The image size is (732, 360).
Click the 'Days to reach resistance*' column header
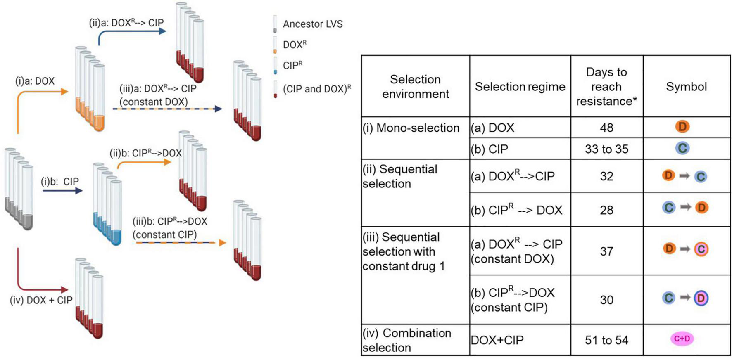[x=606, y=87]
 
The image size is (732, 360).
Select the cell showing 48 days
[x=606, y=128]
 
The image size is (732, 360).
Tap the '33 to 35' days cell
[x=606, y=149]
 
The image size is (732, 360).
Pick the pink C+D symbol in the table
[x=682, y=339]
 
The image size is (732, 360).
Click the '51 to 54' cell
[x=606, y=340]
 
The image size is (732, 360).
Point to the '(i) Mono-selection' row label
[x=411, y=128]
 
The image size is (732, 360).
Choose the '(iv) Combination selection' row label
[x=406, y=340]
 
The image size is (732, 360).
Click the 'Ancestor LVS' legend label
[x=312, y=24]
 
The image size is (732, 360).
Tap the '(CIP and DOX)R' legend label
[x=316, y=89]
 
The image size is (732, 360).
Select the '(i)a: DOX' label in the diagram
[x=35, y=81]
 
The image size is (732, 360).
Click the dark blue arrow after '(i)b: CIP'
[x=62, y=191]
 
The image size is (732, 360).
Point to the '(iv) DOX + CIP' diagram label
[x=41, y=300]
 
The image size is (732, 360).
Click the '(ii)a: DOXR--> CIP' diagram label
[x=126, y=23]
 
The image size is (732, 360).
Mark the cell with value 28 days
[x=606, y=210]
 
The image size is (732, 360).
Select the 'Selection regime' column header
[x=520, y=87]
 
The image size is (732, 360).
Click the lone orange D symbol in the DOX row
[x=682, y=127]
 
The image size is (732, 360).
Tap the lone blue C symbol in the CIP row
[x=682, y=148]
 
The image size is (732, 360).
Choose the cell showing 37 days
[x=606, y=251]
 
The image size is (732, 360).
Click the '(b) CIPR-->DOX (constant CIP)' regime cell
[x=512, y=300]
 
